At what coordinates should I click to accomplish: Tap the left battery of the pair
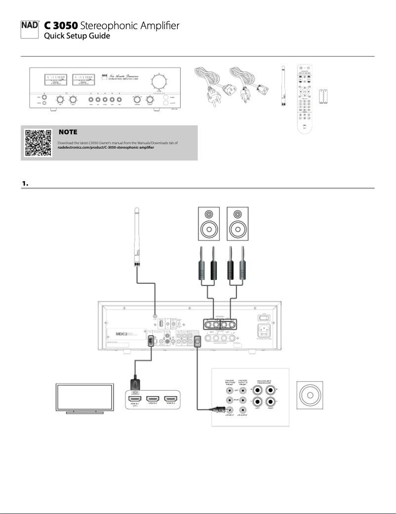(321, 95)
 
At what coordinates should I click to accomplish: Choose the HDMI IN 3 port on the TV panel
(171, 398)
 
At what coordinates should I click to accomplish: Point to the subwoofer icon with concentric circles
(310, 395)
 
